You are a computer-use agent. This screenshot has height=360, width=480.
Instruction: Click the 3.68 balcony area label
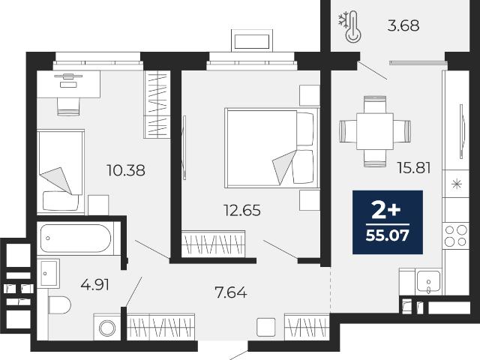coord(403,25)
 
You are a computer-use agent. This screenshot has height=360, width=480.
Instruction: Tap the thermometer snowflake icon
coord(349,26)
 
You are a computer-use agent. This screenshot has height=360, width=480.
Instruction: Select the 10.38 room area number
coord(126,170)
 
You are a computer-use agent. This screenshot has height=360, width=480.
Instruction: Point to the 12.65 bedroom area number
coord(242,210)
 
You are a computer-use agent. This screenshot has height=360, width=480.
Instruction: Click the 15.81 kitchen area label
coord(414,168)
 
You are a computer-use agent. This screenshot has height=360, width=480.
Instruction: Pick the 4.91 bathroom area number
coord(94,285)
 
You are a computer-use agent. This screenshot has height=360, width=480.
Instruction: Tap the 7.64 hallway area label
coord(231,292)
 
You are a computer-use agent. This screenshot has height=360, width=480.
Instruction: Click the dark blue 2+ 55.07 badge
coord(388,222)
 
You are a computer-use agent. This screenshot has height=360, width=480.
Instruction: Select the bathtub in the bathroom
coord(76,238)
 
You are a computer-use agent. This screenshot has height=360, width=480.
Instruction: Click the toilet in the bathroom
coord(59,305)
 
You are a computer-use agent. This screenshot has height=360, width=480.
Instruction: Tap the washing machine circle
coord(107,328)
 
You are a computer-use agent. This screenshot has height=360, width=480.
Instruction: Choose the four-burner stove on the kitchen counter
coord(456,235)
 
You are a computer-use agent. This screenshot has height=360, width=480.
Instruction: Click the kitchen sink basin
coord(428,282)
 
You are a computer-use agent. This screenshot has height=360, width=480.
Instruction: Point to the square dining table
coord(375,131)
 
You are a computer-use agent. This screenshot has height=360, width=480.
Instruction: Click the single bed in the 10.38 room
coord(61,172)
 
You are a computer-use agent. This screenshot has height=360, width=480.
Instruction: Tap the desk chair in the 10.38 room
coord(68,106)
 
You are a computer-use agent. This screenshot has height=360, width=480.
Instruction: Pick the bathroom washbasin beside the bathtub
coord(49,273)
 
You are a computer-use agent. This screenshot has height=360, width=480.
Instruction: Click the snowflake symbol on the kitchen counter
coord(457,184)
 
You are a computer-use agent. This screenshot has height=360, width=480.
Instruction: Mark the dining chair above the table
coord(375,104)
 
